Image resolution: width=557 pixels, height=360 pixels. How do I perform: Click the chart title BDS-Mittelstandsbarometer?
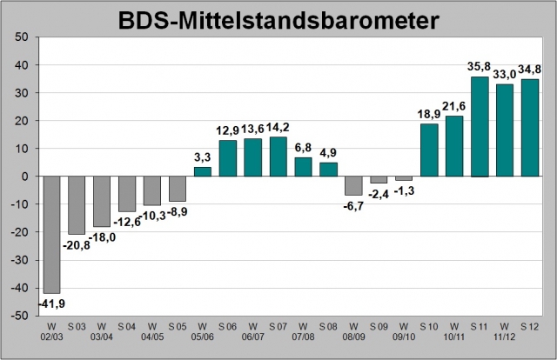click(x=278, y=18)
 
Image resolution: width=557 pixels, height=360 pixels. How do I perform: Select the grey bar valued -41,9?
click(x=52, y=235)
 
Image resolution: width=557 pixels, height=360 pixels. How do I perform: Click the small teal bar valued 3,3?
click(x=202, y=171)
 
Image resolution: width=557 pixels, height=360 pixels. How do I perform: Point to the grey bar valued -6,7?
click(x=353, y=185)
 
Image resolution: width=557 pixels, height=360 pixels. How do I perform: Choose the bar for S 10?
click(x=429, y=150)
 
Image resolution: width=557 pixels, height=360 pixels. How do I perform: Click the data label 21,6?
click(x=453, y=105)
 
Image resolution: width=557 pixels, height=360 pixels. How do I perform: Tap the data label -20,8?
click(x=77, y=244)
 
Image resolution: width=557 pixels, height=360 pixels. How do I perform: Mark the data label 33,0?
click(x=504, y=74)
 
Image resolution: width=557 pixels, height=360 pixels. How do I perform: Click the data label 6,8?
click(x=303, y=147)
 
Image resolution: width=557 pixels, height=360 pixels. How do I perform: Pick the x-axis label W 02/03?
click(x=52, y=331)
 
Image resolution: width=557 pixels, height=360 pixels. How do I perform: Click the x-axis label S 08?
click(x=328, y=326)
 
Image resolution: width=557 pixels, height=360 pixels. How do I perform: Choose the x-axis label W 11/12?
click(x=504, y=331)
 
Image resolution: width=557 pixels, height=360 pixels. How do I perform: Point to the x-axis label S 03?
click(x=77, y=326)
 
